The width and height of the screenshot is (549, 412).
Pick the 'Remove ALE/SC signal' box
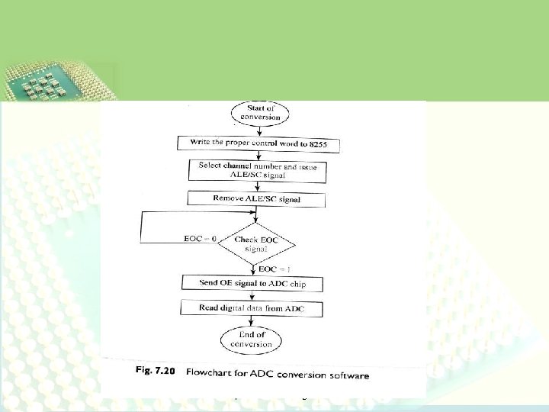pos(256,199)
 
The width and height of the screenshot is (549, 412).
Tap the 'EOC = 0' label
pos(201,239)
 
